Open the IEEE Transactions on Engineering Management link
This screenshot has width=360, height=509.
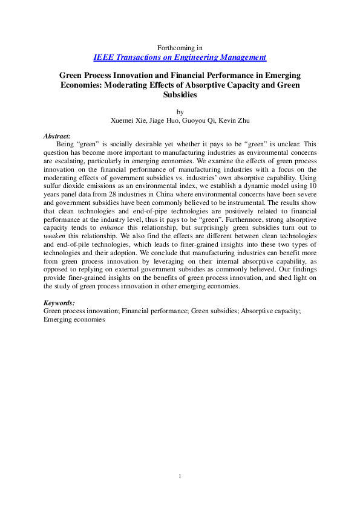[180, 57]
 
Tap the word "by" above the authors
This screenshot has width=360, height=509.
[180, 112]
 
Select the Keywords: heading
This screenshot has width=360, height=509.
[59, 302]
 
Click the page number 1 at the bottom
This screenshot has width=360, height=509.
[180, 477]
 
